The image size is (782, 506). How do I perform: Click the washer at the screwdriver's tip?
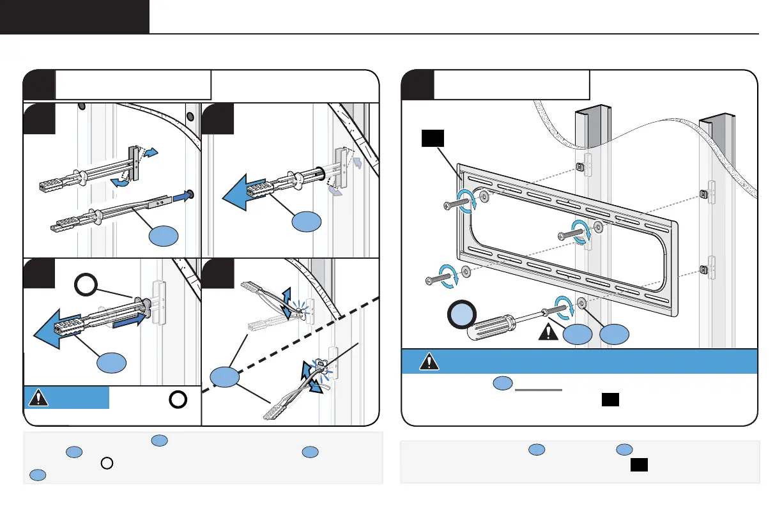tap(581, 302)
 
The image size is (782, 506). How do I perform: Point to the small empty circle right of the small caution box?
tap(178, 399)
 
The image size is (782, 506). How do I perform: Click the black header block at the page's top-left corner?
tap(74, 17)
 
